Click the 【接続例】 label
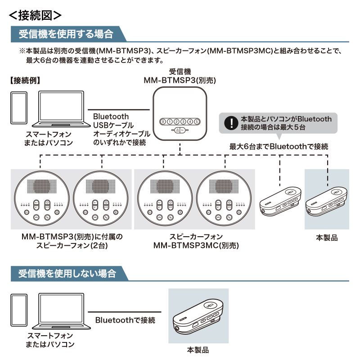(x=26, y=81)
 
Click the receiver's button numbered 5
(x=196, y=121)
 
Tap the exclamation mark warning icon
(x=230, y=123)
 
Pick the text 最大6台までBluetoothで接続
(x=279, y=146)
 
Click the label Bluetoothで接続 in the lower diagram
(x=125, y=320)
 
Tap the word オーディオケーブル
(x=121, y=134)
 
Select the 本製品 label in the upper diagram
(x=326, y=238)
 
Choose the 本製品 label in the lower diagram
(x=198, y=350)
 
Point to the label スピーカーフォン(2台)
(x=72, y=246)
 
